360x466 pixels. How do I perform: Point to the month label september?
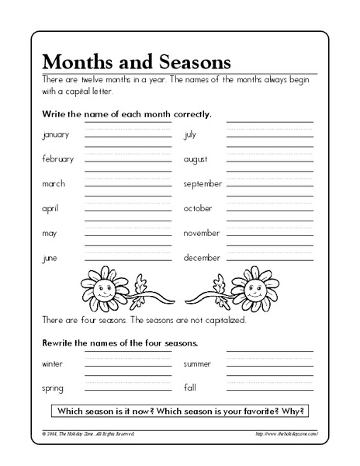point(202,184)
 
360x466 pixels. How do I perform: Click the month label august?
point(195,159)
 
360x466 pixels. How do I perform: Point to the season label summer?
point(197,363)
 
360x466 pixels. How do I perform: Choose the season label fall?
point(190,387)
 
